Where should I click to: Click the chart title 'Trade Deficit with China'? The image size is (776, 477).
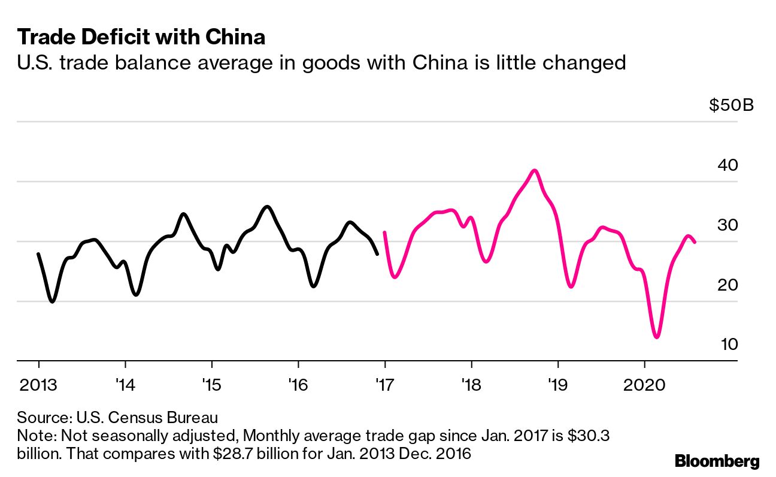pos(141,37)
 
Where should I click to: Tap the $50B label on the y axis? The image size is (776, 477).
pos(731,105)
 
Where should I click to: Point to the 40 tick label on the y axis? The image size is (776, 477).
pos(728,165)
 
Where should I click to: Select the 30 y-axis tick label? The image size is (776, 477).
pos(728,225)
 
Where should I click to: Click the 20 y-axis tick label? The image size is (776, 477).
pos(728,285)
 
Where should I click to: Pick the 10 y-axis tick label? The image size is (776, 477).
pos(728,345)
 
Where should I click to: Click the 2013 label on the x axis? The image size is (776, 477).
pos(38,384)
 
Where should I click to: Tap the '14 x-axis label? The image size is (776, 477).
pos(125,384)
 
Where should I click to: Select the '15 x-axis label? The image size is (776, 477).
pos(211,384)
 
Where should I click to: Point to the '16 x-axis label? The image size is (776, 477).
pos(298,384)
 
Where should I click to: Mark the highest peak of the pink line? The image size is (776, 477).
pos(535,170)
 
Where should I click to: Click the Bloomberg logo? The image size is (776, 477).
pos(717,461)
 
